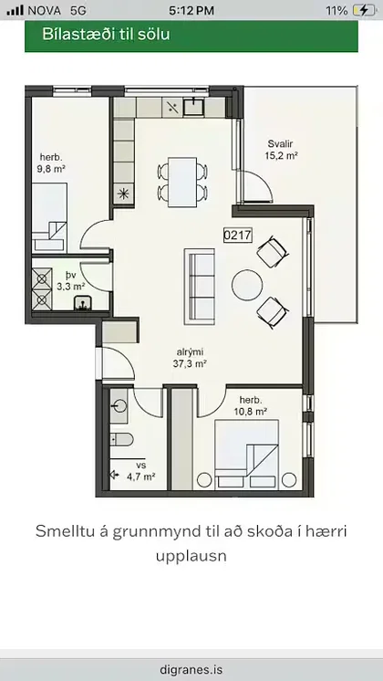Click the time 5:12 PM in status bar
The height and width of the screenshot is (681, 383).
191,10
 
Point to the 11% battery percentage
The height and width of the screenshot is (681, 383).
335,10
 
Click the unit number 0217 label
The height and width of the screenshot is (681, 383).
237,234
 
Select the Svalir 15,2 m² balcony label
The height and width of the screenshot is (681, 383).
283,150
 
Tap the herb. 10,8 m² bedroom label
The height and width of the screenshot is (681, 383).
253,406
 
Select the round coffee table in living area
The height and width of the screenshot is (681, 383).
248,286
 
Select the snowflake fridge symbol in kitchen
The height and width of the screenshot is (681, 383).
124,194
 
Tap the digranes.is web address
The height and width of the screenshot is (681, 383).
191,668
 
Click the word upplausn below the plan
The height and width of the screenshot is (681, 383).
191,554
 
